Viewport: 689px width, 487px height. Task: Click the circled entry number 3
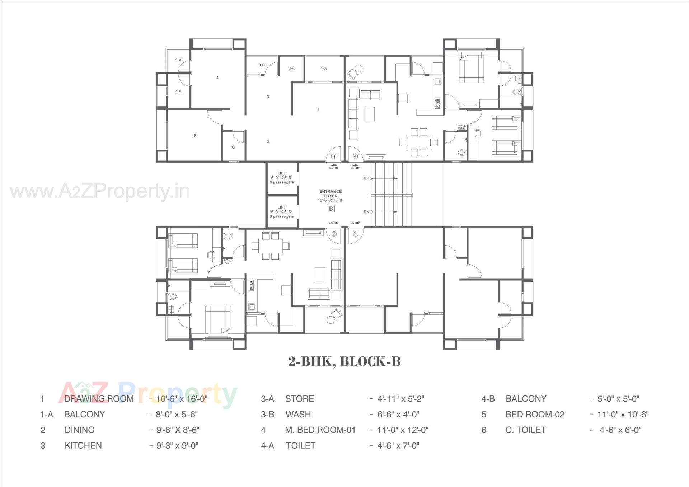tap(334, 156)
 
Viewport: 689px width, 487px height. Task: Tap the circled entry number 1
tap(356, 234)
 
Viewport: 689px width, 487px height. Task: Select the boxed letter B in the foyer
tap(331, 209)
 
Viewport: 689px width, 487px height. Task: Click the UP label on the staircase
tap(366, 178)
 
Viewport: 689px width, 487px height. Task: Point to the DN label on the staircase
tap(366, 212)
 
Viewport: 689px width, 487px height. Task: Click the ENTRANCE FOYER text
tap(331, 194)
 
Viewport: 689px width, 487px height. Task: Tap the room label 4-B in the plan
tap(178, 60)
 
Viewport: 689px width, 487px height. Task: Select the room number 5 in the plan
tap(195, 136)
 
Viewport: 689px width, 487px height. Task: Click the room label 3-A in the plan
tap(291, 68)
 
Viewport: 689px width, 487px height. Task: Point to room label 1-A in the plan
tap(324, 68)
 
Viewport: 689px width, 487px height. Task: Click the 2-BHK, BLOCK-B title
tap(344, 361)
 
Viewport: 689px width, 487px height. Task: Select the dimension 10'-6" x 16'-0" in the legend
tap(182, 399)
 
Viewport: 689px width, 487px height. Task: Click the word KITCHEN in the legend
tap(83, 445)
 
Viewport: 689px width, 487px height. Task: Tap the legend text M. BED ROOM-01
tap(320, 430)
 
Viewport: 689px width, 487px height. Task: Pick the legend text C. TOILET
tap(525, 430)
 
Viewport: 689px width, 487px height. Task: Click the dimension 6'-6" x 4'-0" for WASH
tap(398, 414)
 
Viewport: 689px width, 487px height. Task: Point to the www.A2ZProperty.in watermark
tap(100, 191)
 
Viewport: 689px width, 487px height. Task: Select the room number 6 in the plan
tap(233, 147)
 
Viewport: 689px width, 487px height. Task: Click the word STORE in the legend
tap(299, 399)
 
